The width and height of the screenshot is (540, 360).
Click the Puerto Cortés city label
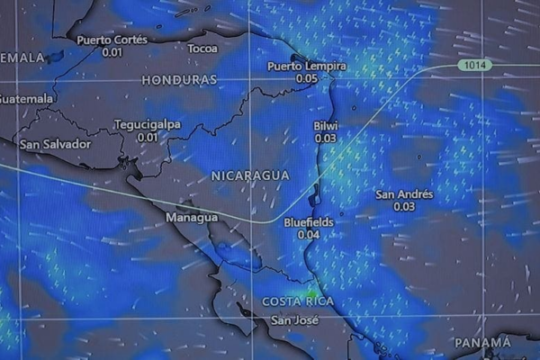[112, 40]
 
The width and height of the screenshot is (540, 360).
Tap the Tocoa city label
[202, 48]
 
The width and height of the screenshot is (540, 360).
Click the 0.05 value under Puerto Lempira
[306, 79]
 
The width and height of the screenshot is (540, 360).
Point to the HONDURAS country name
[179, 80]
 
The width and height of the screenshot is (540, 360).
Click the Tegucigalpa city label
[148, 124]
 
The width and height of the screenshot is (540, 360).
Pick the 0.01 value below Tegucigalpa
[148, 137]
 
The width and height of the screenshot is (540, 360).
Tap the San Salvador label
[55, 144]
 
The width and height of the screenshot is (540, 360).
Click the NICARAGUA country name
[249, 175]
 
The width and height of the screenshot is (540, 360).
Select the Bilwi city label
[325, 126]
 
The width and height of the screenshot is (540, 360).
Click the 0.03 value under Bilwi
[325, 139]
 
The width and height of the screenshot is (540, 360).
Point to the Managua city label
[192, 218]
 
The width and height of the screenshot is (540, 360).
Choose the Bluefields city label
[309, 221]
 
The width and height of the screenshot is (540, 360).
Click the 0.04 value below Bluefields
[309, 234]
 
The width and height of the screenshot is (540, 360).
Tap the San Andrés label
[404, 194]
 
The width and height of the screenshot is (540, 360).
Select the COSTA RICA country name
[298, 301]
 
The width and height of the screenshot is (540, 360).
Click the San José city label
[295, 320]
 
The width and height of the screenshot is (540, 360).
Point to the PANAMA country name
[482, 343]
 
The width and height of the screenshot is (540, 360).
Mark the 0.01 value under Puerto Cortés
[112, 52]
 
